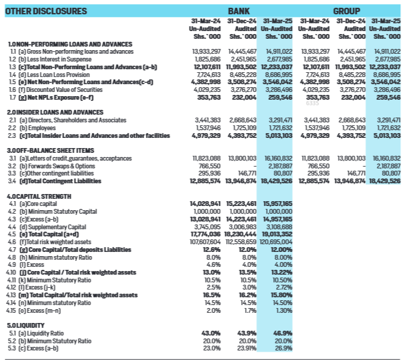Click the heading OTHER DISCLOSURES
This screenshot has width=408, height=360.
pyautogui.click(x=46, y=11)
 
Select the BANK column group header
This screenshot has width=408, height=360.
pyautogui.click(x=239, y=11)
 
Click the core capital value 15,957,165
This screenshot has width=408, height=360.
pyautogui.click(x=277, y=204)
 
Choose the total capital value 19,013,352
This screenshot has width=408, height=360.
pyautogui.click(x=277, y=234)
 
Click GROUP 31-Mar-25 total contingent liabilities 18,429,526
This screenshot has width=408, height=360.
pyautogui.click(x=385, y=180)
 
